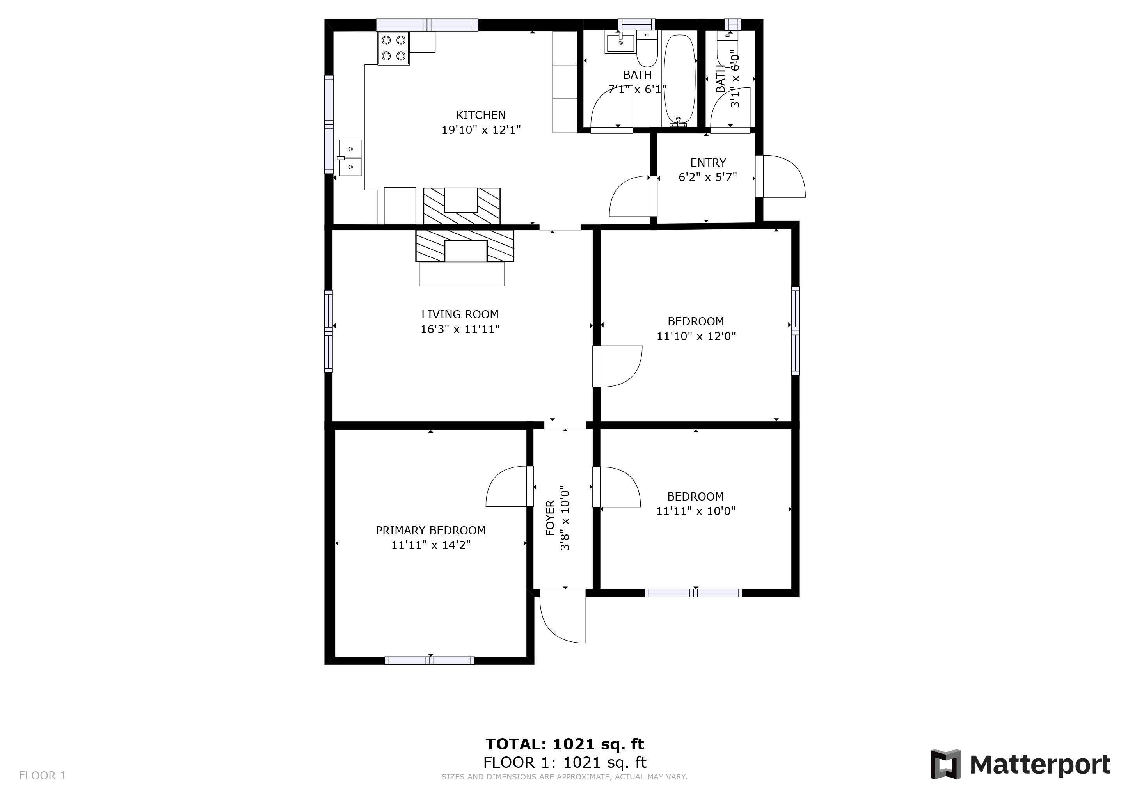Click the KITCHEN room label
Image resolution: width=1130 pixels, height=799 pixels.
(x=481, y=115)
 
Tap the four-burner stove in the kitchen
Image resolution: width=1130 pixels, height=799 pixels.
(x=393, y=48)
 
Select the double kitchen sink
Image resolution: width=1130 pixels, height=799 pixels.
(x=351, y=158)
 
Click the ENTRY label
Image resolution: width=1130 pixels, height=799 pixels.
(x=708, y=163)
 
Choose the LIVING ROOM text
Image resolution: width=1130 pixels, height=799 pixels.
(x=460, y=314)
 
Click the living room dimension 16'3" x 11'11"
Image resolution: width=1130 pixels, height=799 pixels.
(x=460, y=329)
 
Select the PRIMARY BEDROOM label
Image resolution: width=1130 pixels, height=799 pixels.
(x=431, y=530)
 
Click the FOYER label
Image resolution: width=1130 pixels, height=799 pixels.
(x=550, y=518)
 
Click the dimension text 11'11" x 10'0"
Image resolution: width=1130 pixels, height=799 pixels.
(x=695, y=511)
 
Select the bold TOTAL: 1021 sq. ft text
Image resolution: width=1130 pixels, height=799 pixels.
(x=565, y=744)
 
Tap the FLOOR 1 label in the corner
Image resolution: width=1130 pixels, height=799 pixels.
(x=42, y=776)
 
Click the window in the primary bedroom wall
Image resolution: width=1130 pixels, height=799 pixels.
(x=430, y=661)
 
